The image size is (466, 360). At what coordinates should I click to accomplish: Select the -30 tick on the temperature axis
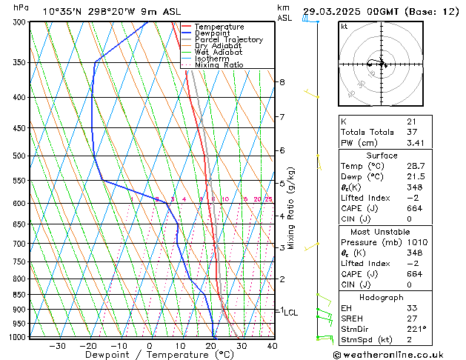click(x=57, y=346)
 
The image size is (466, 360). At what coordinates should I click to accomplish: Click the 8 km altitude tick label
click(x=282, y=81)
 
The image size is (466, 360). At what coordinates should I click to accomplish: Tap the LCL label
click(x=290, y=313)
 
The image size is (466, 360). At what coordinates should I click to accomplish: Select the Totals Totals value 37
click(x=410, y=132)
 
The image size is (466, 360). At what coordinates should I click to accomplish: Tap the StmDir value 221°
click(x=415, y=329)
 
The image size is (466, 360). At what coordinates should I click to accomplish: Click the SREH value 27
click(x=410, y=318)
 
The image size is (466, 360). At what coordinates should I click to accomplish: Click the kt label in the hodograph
click(x=344, y=27)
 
